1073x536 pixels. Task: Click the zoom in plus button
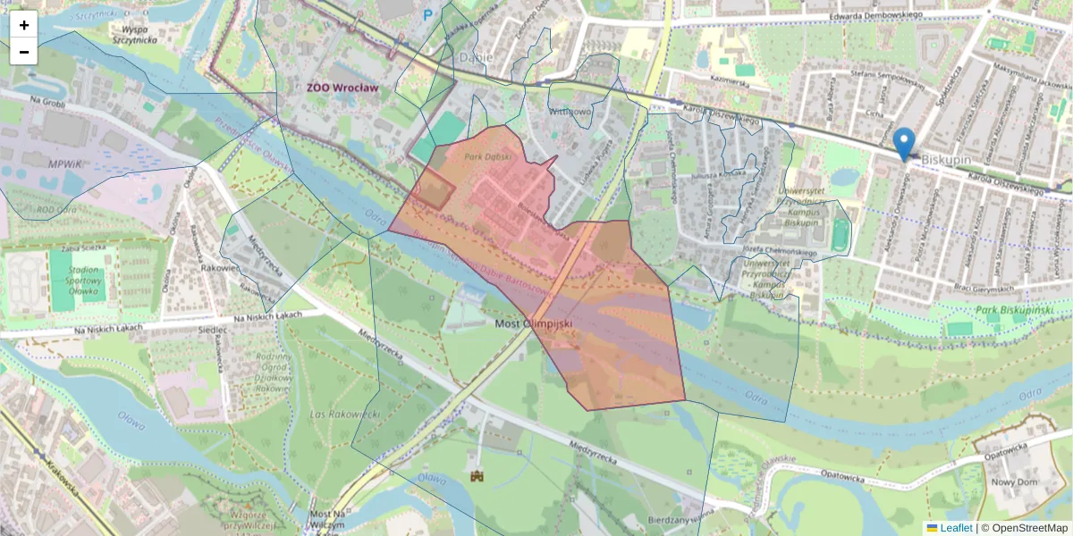click(x=24, y=25)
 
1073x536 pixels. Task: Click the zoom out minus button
click(x=24, y=52)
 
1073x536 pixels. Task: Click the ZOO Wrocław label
click(x=342, y=88)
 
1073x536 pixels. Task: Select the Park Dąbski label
click(x=487, y=156)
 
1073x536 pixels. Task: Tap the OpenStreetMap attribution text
click(x=1024, y=528)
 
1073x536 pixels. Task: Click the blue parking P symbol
click(x=427, y=14)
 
